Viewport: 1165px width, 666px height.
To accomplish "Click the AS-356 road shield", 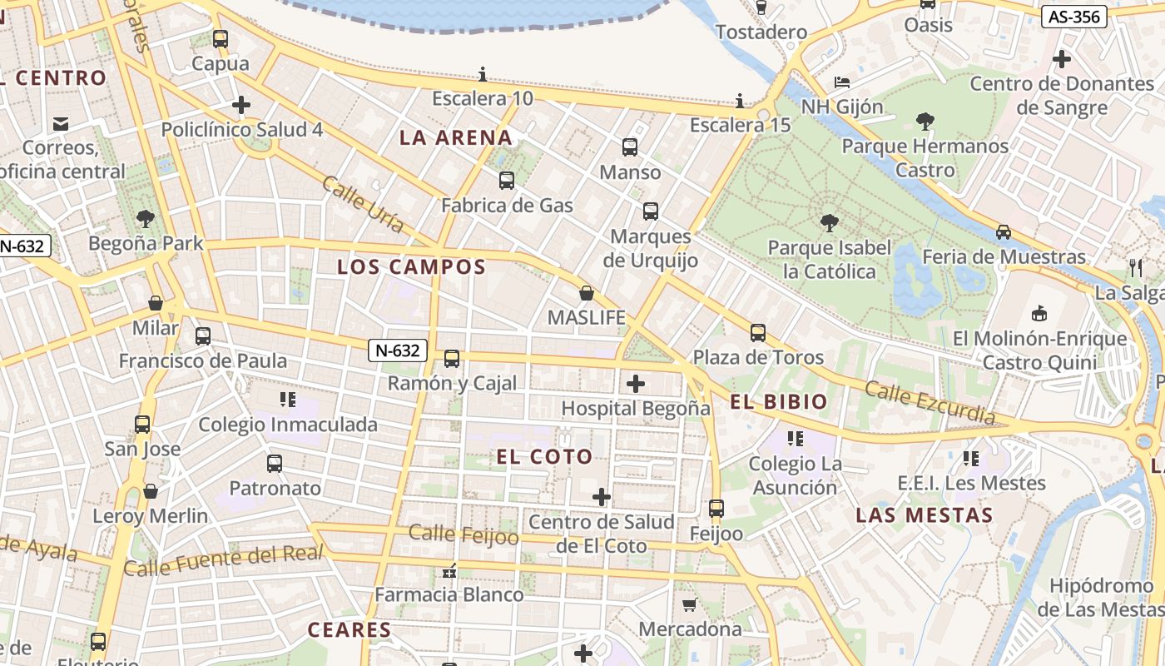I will (1073, 16).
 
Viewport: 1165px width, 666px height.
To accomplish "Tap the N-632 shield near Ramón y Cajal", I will (398, 350).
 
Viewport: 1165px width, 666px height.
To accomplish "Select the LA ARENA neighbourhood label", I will (455, 137).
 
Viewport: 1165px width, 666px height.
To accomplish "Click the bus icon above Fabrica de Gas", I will (506, 180).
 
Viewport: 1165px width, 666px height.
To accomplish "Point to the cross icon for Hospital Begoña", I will (636, 384).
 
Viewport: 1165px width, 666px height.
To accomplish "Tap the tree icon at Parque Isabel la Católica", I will (829, 222).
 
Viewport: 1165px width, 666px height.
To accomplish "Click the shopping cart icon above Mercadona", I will (689, 604).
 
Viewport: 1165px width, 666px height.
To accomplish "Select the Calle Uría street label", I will (363, 204).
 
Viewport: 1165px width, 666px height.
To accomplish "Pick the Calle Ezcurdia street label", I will (929, 402).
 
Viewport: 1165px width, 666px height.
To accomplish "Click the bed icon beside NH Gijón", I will (842, 82).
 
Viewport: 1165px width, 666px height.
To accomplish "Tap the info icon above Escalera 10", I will (482, 74).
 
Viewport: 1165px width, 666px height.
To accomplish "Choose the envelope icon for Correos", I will (61, 124).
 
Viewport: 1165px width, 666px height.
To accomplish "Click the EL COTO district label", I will (544, 456).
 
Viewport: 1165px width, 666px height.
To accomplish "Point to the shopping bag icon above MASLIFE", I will (587, 293).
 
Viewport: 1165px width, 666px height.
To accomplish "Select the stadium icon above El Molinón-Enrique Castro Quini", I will (1039, 314).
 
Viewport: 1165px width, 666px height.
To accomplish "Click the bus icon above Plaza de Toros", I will (757, 333).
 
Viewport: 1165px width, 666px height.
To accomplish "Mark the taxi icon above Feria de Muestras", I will (1004, 232).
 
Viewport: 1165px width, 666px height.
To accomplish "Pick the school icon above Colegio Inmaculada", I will (288, 400).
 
